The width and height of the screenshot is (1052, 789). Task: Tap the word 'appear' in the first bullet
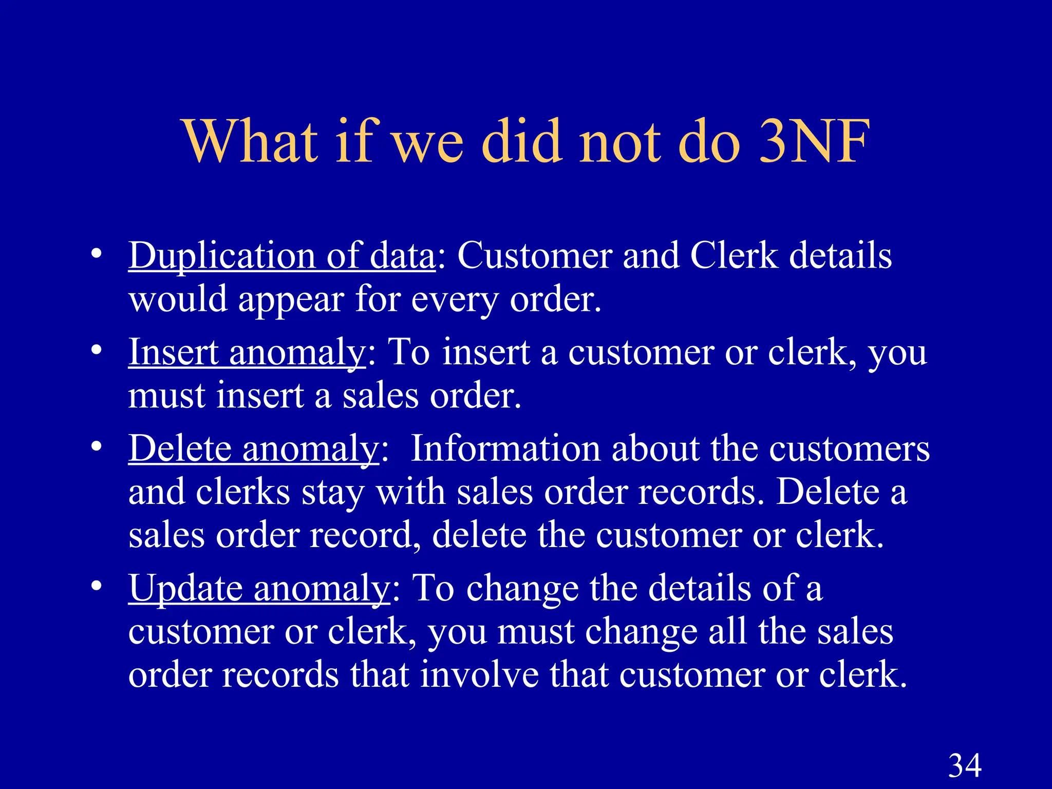pyautogui.click(x=291, y=299)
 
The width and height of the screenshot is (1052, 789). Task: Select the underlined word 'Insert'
pyautogui.click(x=173, y=352)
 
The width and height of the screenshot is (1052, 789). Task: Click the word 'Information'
pyautogui.click(x=506, y=448)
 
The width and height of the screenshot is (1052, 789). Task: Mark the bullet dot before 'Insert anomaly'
pyautogui.click(x=96, y=350)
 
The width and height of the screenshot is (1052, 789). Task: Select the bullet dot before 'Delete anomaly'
pyautogui.click(x=96, y=446)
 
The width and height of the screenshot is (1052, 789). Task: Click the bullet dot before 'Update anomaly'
pyautogui.click(x=96, y=586)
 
